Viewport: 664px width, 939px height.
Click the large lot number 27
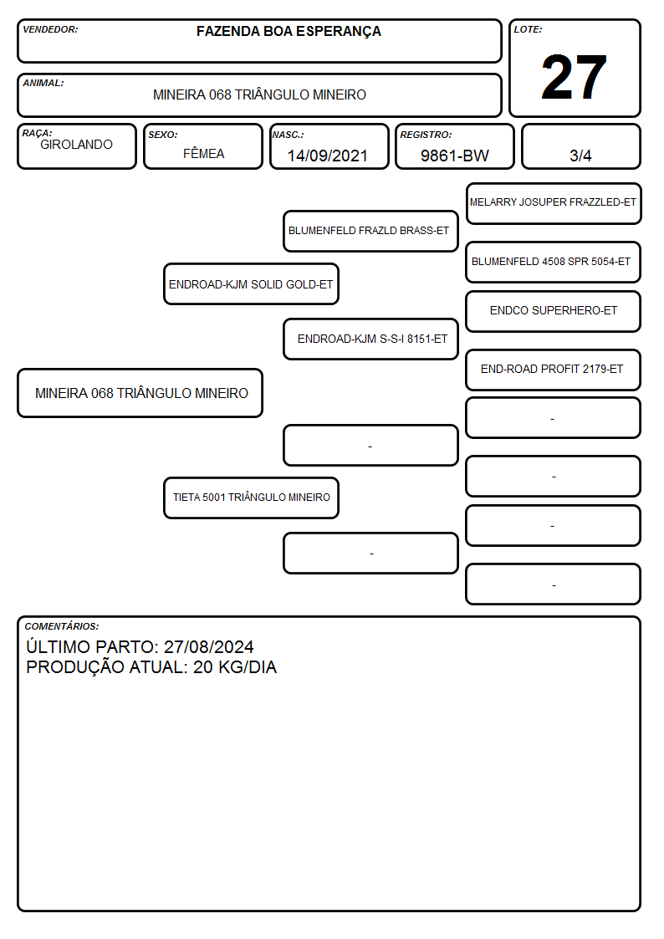pyautogui.click(x=574, y=77)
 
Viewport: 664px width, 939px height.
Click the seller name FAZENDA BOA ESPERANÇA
pyautogui.click(x=289, y=32)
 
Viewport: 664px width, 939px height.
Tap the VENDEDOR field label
pyautogui.click(x=50, y=29)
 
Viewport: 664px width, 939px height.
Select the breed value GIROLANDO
pyautogui.click(x=76, y=145)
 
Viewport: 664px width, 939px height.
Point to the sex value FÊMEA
pyautogui.click(x=203, y=153)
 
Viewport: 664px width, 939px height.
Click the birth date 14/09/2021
pyautogui.click(x=328, y=156)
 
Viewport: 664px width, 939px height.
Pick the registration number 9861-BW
pyautogui.click(x=454, y=156)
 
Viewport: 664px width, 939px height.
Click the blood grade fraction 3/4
pyautogui.click(x=580, y=156)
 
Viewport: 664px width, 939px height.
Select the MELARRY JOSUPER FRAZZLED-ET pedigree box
pyautogui.click(x=554, y=204)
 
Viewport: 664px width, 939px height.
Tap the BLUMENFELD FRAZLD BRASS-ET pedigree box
pyautogui.click(x=370, y=231)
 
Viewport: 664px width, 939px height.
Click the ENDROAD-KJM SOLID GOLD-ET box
pyautogui.click(x=251, y=283)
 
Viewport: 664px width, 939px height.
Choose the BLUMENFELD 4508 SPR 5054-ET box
pyautogui.click(x=554, y=262)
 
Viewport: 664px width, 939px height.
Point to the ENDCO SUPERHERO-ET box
pyautogui.click(x=554, y=311)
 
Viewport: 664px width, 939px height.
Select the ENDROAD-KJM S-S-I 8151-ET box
pyautogui.click(x=370, y=339)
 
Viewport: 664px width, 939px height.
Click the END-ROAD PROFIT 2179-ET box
pyautogui.click(x=554, y=370)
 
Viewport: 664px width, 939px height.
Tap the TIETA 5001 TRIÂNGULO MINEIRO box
pyautogui.click(x=251, y=498)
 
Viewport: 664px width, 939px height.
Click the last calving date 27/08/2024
pyautogui.click(x=209, y=646)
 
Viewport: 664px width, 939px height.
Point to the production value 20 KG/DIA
pyautogui.click(x=235, y=667)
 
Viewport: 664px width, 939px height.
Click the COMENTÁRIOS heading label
pyautogui.click(x=62, y=626)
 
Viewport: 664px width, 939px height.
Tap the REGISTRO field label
pyautogui.click(x=426, y=135)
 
